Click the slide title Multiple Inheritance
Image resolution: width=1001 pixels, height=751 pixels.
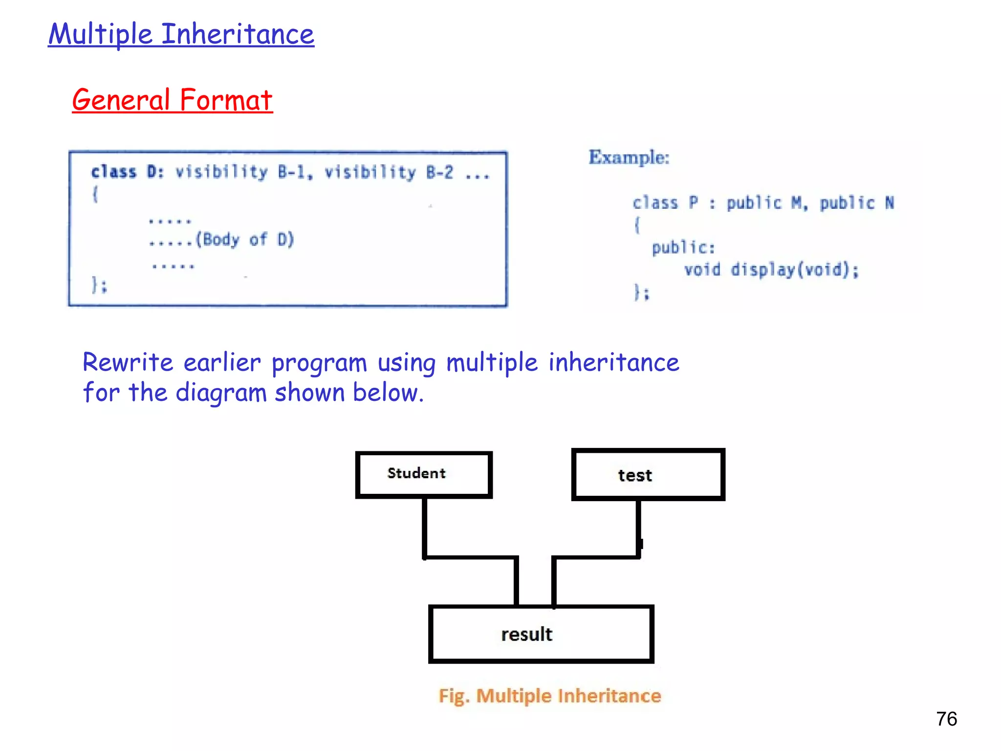coord(181,34)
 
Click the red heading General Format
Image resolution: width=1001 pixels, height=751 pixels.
coord(172,100)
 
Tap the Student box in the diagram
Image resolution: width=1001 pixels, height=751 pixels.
coord(423,474)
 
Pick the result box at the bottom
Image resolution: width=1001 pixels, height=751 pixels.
coord(541,634)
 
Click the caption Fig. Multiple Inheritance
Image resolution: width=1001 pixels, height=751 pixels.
coord(549,695)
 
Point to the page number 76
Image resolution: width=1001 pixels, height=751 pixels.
coord(946,719)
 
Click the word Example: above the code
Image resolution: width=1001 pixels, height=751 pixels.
coord(629,157)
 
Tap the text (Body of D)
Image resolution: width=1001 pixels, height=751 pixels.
coord(245,240)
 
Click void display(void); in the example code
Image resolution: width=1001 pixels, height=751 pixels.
coord(771,270)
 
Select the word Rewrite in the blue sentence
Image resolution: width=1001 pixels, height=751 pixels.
coord(128,363)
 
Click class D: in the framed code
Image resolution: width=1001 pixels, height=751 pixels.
coord(127,172)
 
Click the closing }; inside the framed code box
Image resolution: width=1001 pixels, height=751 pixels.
coord(99,285)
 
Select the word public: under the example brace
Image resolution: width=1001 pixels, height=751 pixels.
coord(683,248)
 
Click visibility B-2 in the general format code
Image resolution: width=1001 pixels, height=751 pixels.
coord(389,172)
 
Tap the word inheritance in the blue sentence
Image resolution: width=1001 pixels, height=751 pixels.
coord(613,363)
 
